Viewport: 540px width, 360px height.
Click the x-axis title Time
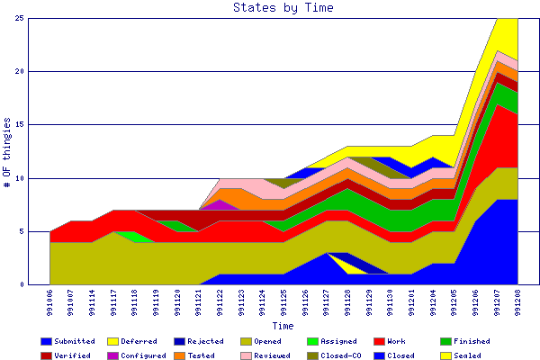click(283, 326)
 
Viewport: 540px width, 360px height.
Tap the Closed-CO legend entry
click(336, 355)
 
